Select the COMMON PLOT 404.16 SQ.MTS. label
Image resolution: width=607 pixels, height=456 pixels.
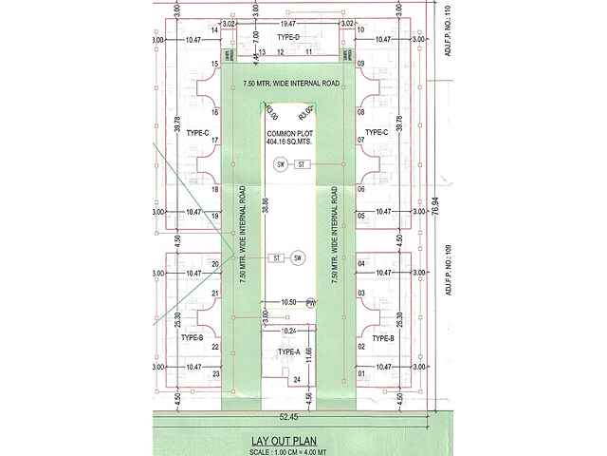[x=289, y=138]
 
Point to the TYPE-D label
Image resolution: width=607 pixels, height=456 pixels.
[x=288, y=36]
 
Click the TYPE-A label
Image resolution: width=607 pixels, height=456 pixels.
[x=289, y=352]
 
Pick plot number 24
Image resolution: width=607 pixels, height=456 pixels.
[x=297, y=380]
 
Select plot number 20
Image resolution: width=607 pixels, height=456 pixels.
[x=215, y=264]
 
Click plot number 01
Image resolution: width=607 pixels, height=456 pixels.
[x=361, y=374]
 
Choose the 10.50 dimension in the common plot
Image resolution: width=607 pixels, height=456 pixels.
[x=288, y=302]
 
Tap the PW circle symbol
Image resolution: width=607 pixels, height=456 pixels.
[x=310, y=303]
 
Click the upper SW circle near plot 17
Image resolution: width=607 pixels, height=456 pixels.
[x=281, y=164]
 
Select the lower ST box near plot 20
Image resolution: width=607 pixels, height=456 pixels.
[x=277, y=258]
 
